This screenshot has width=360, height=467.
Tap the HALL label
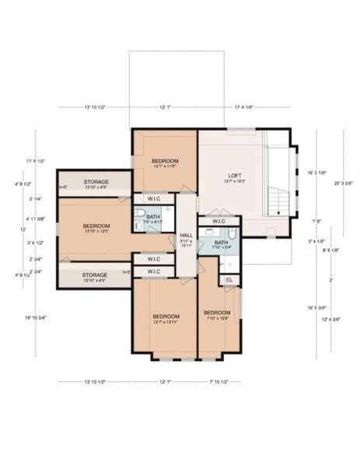point(186,234)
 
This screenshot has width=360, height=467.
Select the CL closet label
point(229,279)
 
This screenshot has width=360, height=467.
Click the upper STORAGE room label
point(96,181)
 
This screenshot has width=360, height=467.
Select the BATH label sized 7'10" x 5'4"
point(221,244)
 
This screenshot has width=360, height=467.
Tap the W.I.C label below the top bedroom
point(153,198)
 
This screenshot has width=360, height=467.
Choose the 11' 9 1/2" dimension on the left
point(36,161)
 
